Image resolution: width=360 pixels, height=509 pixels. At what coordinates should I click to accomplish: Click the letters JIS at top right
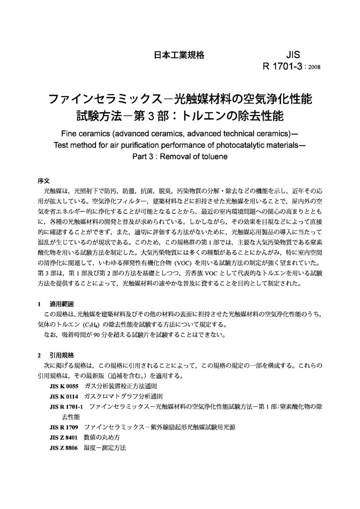tap(293, 55)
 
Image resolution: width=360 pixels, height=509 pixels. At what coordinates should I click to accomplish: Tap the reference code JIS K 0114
tap(64, 396)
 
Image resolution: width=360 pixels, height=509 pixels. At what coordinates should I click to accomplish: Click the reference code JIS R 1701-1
tap(67, 407)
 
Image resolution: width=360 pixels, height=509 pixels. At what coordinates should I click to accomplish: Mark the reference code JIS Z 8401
tap(64, 437)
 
